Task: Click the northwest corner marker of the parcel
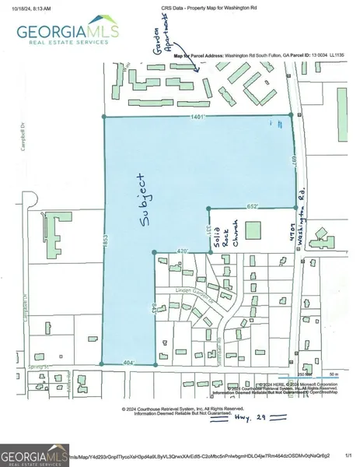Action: (x=104, y=117)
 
